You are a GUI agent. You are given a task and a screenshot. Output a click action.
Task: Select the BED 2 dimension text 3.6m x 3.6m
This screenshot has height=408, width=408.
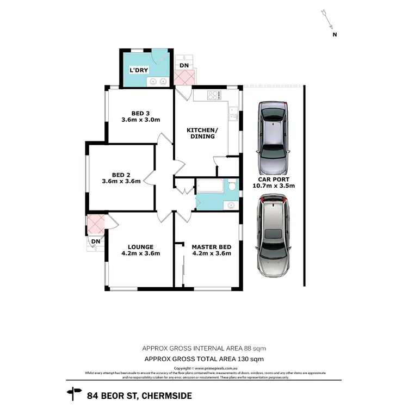121,181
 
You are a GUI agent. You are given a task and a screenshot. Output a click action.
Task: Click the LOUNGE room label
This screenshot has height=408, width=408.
140,246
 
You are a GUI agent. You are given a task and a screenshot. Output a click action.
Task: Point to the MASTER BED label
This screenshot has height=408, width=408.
211,246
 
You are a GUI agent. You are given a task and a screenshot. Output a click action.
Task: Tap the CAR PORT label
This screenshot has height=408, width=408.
274,179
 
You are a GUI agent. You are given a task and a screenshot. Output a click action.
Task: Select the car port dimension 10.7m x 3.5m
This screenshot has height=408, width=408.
274,186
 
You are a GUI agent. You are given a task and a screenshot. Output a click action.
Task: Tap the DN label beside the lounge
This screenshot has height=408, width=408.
96,241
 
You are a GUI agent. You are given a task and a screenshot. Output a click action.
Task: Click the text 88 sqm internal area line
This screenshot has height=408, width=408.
203,348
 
